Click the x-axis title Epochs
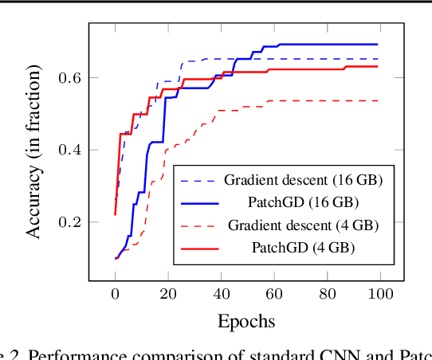point(246,321)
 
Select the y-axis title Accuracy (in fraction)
point(34,151)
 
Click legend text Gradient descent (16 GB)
point(303,180)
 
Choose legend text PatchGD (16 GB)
point(303,202)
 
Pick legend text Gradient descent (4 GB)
point(303,225)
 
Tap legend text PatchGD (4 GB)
point(303,248)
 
